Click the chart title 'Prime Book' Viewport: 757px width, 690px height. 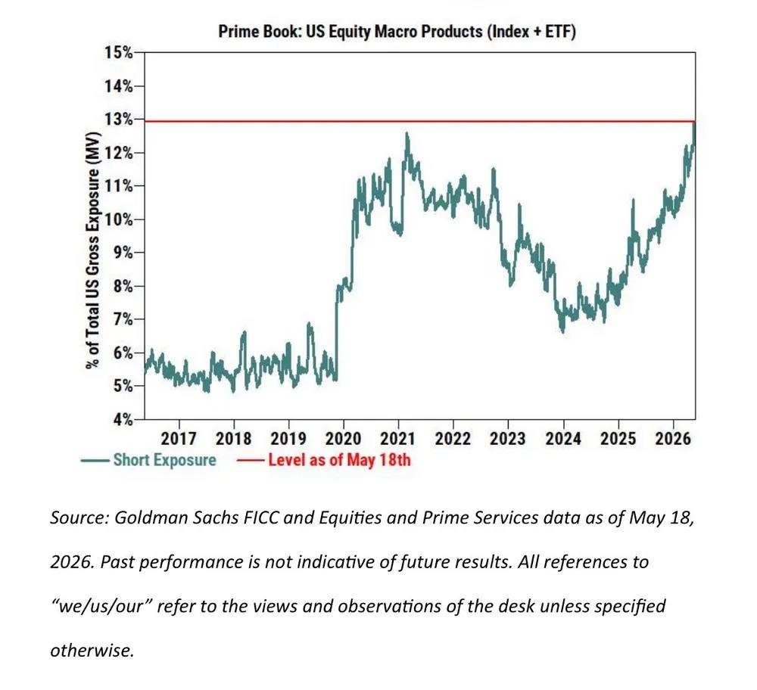coord(260,32)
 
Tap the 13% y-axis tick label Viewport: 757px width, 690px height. coord(118,119)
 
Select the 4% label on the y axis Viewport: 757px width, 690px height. coord(123,419)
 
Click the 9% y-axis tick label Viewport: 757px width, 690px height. coord(123,253)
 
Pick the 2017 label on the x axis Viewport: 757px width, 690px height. coord(179,439)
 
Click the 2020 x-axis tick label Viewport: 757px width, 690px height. coord(343,439)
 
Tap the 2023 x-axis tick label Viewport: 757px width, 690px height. coord(508,439)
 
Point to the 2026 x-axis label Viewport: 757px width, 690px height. coord(673,439)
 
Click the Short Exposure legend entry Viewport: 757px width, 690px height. coord(148,460)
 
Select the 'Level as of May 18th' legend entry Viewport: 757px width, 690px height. coord(323,460)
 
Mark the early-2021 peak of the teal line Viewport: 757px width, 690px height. coord(407,133)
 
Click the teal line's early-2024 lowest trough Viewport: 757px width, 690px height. coord(563,332)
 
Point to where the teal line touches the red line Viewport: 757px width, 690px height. coord(694,122)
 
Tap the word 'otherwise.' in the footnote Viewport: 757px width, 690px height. coord(92,651)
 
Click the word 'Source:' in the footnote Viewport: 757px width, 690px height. coord(79,517)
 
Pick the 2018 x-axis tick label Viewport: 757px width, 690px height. coord(234,439)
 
